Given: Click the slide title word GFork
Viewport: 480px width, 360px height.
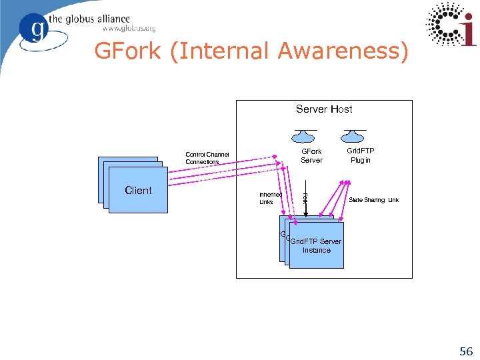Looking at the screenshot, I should [x=127, y=51].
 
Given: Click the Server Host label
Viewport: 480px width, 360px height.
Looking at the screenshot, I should [x=324, y=109].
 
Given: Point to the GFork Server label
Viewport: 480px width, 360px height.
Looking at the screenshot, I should [x=311, y=155].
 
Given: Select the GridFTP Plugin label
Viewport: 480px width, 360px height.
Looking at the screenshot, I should [x=360, y=155].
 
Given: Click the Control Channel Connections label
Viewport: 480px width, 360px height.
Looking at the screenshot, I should [x=207, y=158].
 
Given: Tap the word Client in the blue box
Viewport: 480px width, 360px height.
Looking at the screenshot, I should [x=138, y=191].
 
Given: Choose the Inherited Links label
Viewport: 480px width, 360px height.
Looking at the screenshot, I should [x=270, y=198].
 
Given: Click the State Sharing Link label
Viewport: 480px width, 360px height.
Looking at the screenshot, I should [x=373, y=200].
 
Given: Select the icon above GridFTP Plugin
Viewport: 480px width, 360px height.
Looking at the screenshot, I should [x=354, y=135].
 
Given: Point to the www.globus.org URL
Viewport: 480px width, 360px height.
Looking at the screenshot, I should [x=129, y=29].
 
